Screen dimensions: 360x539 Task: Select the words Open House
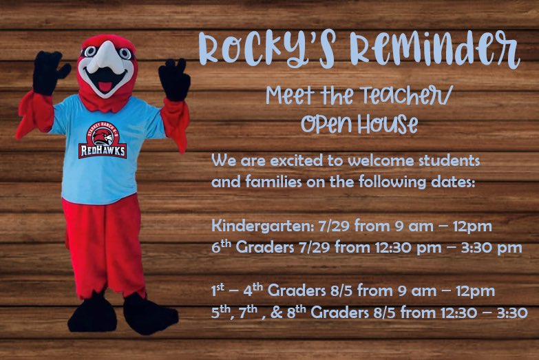(359, 125)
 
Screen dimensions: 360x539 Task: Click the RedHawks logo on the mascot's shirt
(103, 141)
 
